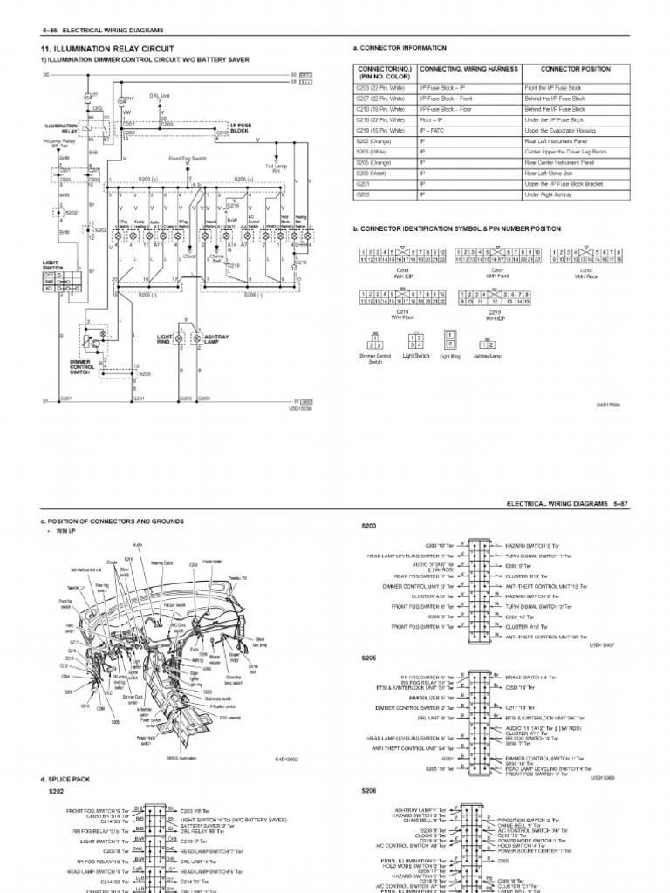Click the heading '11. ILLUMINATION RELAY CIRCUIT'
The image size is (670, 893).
107,48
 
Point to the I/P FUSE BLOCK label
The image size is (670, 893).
241,127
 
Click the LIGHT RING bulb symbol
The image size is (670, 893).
179,336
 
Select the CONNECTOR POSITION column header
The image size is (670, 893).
575,69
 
